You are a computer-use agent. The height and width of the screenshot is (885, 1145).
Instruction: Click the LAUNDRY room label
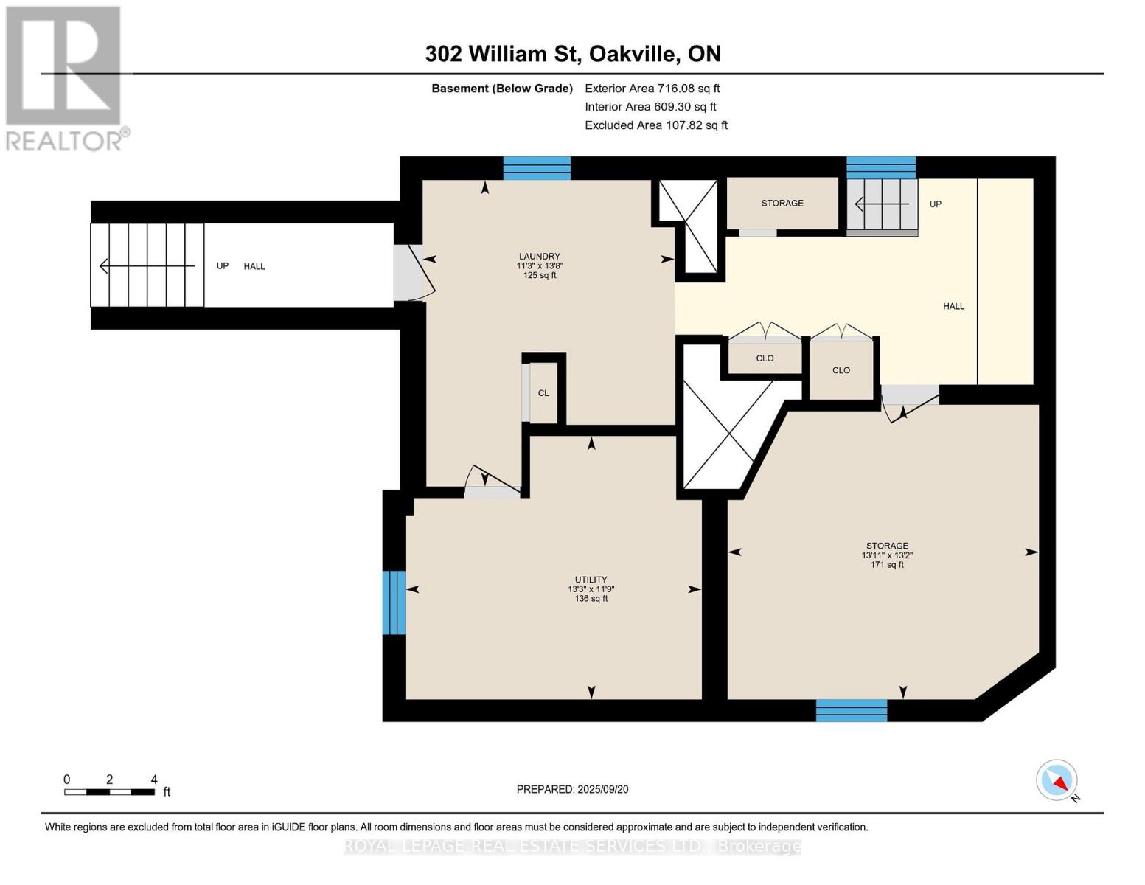click(539, 257)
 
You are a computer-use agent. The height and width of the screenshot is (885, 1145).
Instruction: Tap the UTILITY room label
click(591, 580)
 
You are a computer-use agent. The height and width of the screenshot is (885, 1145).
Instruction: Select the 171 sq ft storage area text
click(887, 565)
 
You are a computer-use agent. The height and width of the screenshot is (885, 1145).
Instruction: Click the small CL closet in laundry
click(543, 393)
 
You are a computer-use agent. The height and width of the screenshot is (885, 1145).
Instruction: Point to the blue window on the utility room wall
click(394, 603)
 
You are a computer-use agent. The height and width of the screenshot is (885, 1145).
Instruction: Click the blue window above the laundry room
click(537, 168)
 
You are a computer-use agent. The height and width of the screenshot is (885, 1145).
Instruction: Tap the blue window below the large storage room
click(851, 710)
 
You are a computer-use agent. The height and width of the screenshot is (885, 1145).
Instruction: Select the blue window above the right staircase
click(880, 168)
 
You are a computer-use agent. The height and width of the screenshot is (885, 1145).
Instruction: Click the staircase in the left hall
click(147, 265)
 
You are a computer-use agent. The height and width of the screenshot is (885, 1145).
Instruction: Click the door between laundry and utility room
click(492, 484)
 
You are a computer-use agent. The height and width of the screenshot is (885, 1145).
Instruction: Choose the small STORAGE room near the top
click(782, 204)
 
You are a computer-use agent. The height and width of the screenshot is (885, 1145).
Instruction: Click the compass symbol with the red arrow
click(1057, 780)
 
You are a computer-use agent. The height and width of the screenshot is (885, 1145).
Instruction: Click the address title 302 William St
click(572, 54)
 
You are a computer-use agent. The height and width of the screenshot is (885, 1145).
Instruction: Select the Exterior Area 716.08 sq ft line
click(652, 88)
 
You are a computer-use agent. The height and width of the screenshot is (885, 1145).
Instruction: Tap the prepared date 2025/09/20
click(572, 789)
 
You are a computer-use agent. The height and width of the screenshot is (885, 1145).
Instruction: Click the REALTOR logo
click(65, 78)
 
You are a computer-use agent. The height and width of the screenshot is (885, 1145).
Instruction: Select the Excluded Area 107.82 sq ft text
click(655, 125)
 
